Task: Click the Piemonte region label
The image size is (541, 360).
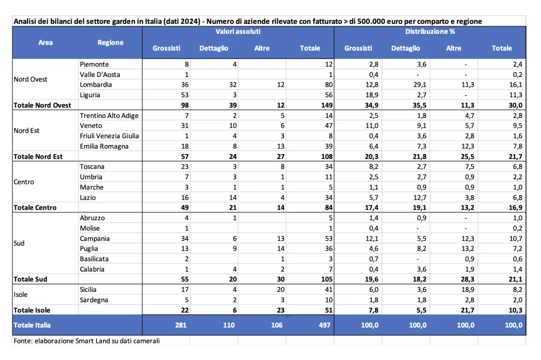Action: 94,64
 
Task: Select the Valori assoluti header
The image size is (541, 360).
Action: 238,32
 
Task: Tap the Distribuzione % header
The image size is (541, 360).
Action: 430,32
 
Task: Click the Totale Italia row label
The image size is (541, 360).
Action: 32,325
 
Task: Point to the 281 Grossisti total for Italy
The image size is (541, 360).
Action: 180,325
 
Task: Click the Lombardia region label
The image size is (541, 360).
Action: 96,85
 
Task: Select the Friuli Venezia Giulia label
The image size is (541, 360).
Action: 109,136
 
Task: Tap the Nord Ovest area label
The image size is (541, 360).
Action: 30,80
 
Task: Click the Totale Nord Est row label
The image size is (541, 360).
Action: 38,157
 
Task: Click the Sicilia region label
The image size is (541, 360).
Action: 88,290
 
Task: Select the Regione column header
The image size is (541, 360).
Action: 110,42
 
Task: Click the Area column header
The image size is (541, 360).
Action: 46,42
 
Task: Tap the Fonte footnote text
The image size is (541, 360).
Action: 87,341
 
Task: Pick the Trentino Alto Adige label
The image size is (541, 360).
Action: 109,115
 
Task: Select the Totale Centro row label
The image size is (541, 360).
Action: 35,208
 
